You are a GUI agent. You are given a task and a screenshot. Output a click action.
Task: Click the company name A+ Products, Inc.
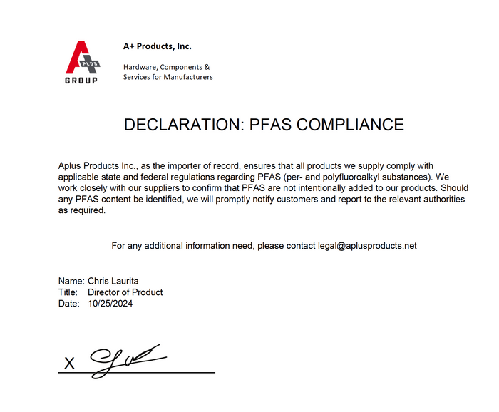(158, 46)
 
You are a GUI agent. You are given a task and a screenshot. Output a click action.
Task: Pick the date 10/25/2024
(110, 303)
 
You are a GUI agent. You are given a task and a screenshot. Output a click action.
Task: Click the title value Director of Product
(125, 292)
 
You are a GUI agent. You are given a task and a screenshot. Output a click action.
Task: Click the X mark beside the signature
(69, 364)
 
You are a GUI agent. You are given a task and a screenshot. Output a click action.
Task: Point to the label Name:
(71, 282)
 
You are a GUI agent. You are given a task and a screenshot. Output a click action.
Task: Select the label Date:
(69, 303)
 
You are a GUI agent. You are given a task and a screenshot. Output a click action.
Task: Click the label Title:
(68, 292)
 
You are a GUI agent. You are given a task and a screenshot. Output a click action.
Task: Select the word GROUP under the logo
(81, 81)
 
